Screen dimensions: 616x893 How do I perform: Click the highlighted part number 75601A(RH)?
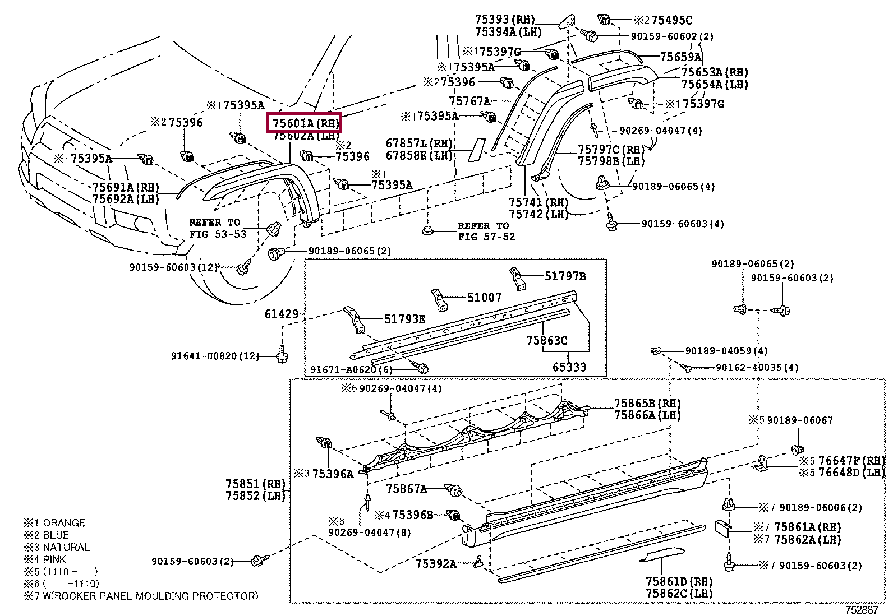pyautogui.click(x=305, y=123)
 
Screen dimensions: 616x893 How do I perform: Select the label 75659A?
pyautogui.click(x=680, y=57)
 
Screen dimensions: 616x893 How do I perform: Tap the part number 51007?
pyautogui.click(x=484, y=298)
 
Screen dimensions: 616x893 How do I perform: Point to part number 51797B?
pyautogui.click(x=565, y=276)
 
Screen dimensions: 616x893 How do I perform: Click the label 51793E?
pyautogui.click(x=404, y=319)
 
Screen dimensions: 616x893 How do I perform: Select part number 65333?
pyautogui.click(x=569, y=367)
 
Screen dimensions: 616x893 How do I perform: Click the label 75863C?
pyautogui.click(x=546, y=340)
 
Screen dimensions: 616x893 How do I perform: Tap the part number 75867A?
pyautogui.click(x=406, y=489)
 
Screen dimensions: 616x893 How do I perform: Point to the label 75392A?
pyautogui.click(x=436, y=563)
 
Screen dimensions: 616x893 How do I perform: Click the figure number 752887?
pyautogui.click(x=862, y=609)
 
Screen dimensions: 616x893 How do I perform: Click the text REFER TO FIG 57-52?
pyautogui.click(x=483, y=231)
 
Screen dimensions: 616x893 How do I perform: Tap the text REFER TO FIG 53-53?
pyautogui.click(x=217, y=228)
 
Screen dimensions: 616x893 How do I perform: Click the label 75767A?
pyautogui.click(x=469, y=101)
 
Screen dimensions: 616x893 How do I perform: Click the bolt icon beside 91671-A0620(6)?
pyautogui.click(x=422, y=368)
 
